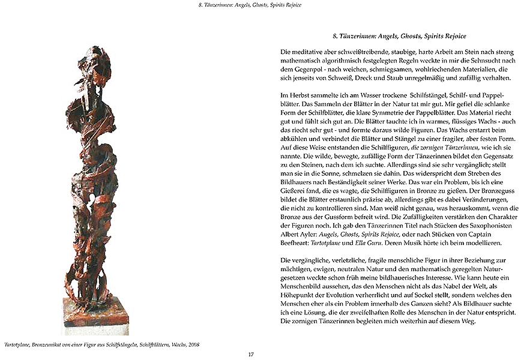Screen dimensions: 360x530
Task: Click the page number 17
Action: pyautogui.click(x=251, y=354)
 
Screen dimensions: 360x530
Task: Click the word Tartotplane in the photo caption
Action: pyautogui.click(x=16, y=344)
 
